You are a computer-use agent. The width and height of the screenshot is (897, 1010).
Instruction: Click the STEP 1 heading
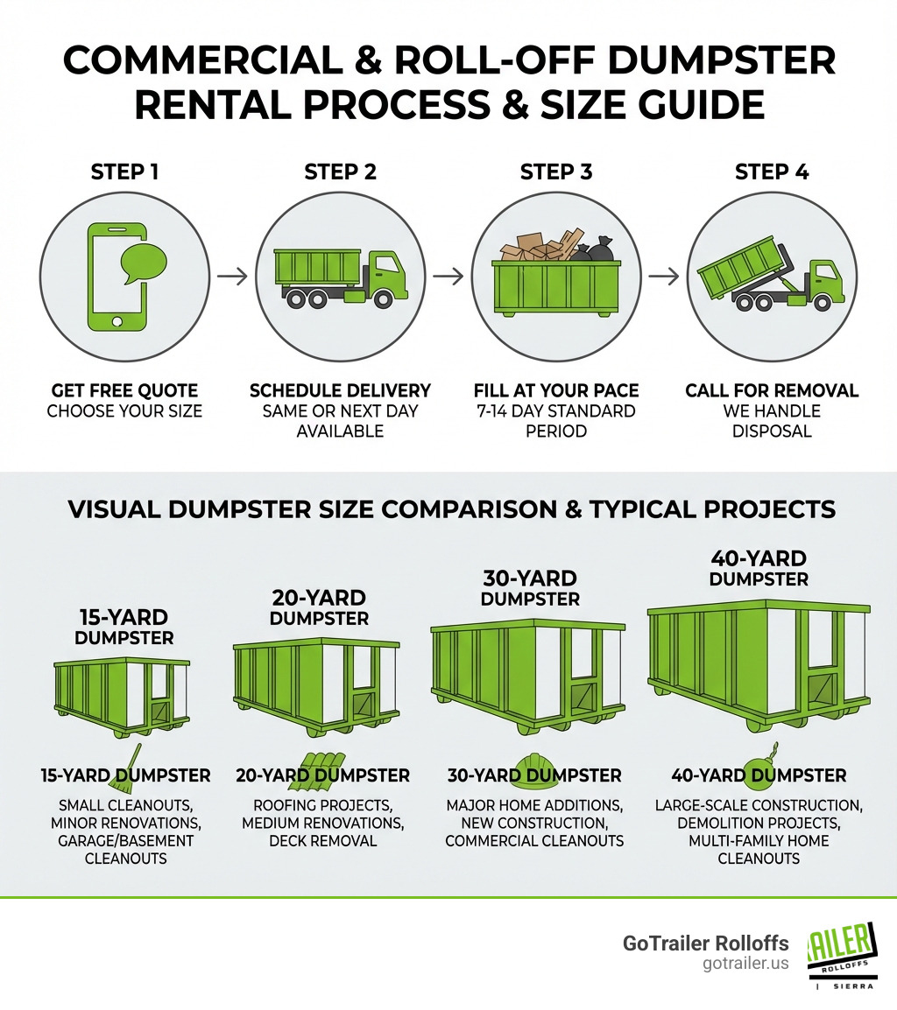(x=124, y=172)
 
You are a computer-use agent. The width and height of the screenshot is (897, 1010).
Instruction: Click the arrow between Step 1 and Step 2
(x=232, y=277)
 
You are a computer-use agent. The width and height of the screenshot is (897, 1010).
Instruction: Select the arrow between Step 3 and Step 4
(x=665, y=277)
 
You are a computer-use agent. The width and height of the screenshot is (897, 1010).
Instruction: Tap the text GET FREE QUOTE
(x=124, y=390)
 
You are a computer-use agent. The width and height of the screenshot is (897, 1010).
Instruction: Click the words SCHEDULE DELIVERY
(x=340, y=390)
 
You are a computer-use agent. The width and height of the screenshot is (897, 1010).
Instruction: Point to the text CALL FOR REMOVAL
(x=772, y=390)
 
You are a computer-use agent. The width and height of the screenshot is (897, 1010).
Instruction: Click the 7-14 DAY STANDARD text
(x=554, y=410)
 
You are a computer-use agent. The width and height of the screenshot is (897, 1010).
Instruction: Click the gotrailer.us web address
(x=745, y=964)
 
